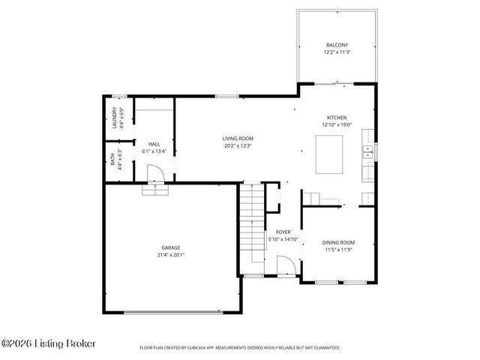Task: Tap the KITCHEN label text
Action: point(336,118)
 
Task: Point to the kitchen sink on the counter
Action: point(367,153)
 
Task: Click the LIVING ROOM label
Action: point(237,139)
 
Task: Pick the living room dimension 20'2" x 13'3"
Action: point(237,147)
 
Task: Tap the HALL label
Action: point(154,143)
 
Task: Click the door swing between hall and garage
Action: point(154,173)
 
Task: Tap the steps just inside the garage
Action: point(154,190)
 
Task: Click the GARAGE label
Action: point(170,247)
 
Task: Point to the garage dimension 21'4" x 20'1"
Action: point(170,255)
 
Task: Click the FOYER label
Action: point(283,232)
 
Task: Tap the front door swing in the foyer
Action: point(285,265)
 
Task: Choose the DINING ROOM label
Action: point(338,242)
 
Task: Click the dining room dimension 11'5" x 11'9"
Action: point(338,250)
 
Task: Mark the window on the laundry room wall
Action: point(118,95)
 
